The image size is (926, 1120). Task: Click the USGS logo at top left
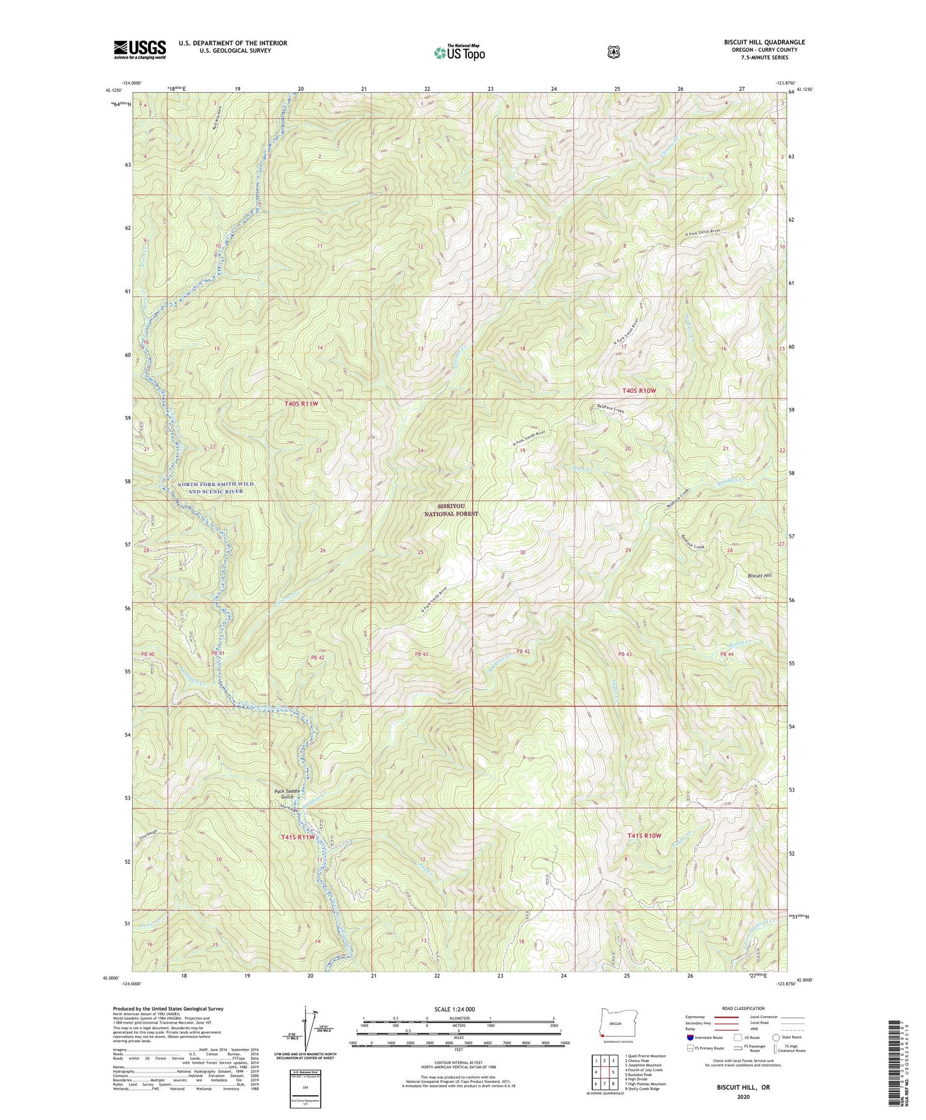(x=140, y=49)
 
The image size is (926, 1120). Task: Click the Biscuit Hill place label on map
(x=751, y=575)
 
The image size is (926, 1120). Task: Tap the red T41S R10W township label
(x=644, y=836)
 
